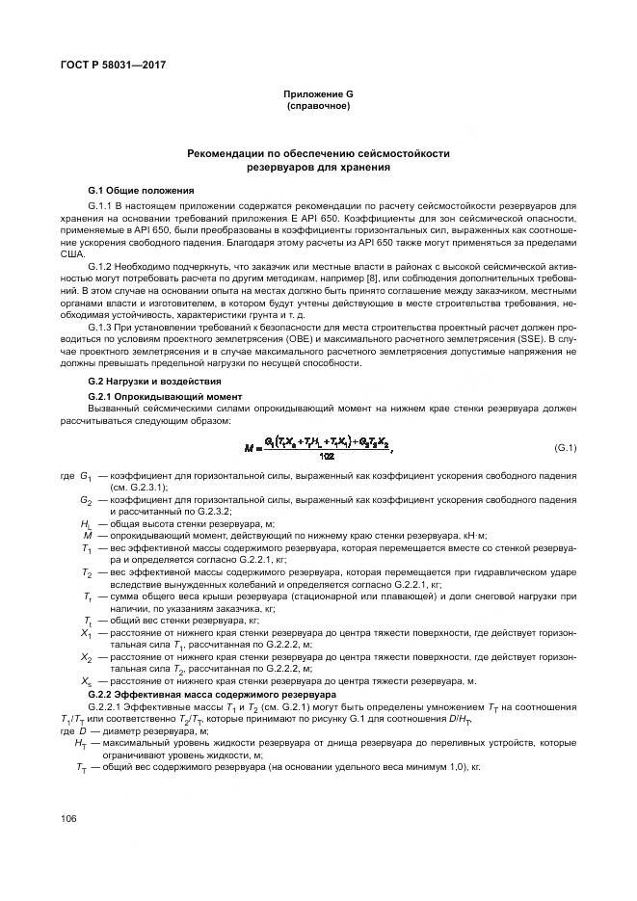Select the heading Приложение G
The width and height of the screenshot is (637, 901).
click(x=318, y=93)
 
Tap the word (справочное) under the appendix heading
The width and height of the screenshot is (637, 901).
click(x=318, y=105)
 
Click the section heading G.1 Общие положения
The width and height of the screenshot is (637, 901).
click(x=141, y=190)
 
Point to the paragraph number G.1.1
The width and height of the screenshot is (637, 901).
click(x=100, y=206)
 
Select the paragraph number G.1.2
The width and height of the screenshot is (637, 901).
click(x=100, y=265)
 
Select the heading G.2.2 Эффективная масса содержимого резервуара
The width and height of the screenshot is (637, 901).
click(x=211, y=693)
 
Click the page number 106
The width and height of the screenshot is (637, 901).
click(x=68, y=818)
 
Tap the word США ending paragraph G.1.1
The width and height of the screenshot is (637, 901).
click(x=72, y=252)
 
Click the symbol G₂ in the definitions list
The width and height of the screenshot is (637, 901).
click(x=86, y=501)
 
